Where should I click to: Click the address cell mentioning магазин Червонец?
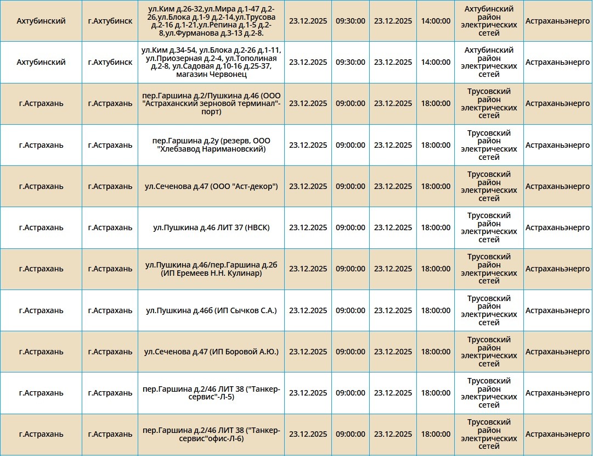click(211, 62)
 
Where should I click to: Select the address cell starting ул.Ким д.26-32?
click(211, 21)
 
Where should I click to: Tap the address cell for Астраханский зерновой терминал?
click(211, 104)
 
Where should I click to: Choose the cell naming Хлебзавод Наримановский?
click(211, 145)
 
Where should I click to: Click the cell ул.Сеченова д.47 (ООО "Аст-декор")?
click(211, 186)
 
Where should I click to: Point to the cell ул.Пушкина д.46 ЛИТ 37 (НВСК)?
click(211, 227)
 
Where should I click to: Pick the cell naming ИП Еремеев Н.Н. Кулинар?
click(211, 269)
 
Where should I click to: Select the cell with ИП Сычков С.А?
click(211, 310)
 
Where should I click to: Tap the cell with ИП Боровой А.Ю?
click(211, 352)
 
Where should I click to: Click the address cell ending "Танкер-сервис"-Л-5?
click(211, 393)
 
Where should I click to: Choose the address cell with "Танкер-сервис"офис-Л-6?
click(211, 434)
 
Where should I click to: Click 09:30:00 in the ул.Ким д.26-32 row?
click(350, 21)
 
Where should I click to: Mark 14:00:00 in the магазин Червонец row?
click(436, 62)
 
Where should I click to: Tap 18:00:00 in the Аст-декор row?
click(436, 186)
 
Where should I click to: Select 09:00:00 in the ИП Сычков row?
click(350, 310)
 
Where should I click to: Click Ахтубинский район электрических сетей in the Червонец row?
click(489, 62)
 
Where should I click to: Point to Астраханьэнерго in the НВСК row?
click(557, 227)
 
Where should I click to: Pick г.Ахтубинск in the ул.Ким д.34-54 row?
click(110, 62)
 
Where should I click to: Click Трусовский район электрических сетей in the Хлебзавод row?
click(489, 145)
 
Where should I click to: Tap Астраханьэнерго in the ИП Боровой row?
click(557, 352)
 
